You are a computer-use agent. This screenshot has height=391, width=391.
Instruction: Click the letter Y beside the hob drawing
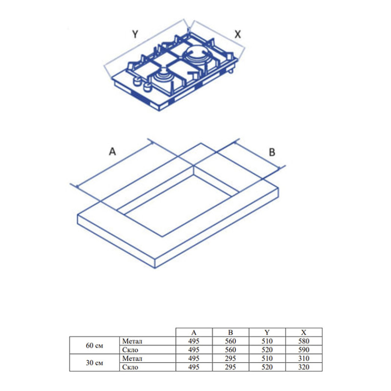[135, 34]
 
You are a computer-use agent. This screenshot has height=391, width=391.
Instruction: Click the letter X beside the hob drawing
[238, 34]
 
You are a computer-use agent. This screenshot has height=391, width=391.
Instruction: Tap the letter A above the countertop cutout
[112, 152]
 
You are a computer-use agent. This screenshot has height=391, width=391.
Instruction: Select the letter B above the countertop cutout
[272, 152]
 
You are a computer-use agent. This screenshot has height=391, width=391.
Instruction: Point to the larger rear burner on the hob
[196, 55]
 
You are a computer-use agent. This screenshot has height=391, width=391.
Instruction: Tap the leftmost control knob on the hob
[137, 82]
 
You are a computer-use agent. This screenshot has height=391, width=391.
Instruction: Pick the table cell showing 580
[304, 341]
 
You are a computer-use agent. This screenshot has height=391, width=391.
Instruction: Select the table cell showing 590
[304, 349]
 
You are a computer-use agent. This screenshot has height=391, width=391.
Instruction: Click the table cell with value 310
[304, 358]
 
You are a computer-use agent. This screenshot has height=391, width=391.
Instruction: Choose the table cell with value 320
[304, 367]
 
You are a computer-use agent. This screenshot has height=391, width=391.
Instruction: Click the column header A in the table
[194, 332]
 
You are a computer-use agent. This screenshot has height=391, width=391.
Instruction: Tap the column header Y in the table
[267, 332]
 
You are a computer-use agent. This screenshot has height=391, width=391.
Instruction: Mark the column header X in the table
[304, 332]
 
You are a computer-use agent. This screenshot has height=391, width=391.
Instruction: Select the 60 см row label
[94, 346]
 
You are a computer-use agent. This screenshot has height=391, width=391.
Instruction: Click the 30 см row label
[94, 363]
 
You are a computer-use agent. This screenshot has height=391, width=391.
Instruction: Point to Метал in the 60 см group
[132, 341]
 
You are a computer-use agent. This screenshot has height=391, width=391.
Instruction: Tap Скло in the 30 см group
[130, 367]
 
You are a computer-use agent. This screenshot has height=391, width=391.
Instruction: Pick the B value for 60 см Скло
[230, 349]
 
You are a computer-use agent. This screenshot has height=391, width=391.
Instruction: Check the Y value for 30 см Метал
[267, 358]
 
